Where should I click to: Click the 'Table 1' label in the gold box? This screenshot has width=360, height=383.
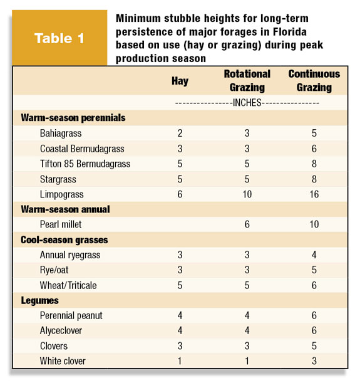click(59, 38)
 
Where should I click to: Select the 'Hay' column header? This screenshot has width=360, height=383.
click(180, 81)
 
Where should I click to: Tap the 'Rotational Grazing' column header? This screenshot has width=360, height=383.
click(247, 81)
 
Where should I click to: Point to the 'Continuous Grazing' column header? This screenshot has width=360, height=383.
click(314, 81)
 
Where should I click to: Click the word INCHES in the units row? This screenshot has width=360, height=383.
click(247, 103)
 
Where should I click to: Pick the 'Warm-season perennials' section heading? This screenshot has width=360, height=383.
click(73, 118)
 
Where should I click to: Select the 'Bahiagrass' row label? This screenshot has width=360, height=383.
click(61, 134)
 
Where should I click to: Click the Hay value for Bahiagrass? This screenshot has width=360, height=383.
click(180, 134)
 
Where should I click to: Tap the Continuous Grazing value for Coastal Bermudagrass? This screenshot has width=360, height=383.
click(314, 149)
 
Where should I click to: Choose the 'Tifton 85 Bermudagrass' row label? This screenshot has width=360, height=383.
click(85, 164)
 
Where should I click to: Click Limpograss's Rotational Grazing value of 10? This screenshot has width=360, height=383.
click(247, 194)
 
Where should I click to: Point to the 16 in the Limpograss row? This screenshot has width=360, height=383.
click(314, 194)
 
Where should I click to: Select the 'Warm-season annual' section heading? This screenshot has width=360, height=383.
click(65, 209)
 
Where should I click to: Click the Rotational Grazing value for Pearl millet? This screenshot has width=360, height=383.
click(247, 224)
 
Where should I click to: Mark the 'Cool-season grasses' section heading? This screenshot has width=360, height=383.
click(64, 240)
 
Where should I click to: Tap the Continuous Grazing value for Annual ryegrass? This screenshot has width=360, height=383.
click(314, 255)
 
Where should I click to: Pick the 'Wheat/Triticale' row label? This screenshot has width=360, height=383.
click(68, 286)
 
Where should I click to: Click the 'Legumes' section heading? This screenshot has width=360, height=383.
click(39, 301)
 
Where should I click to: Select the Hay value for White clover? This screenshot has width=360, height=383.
click(180, 361)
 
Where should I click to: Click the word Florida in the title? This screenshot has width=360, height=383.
click(290, 32)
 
